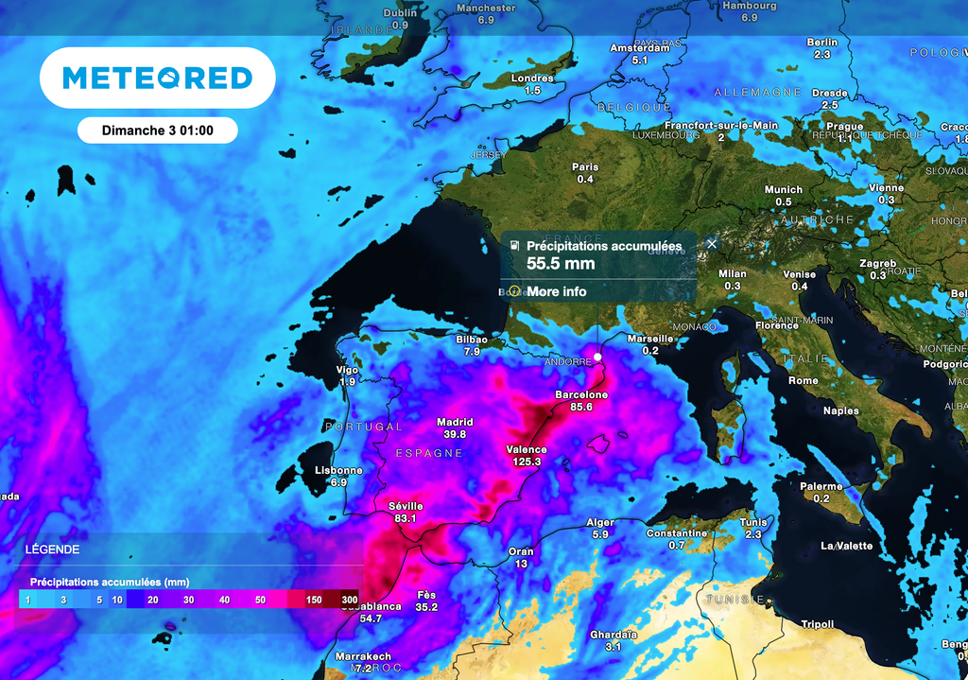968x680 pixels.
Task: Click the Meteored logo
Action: [x=157, y=78]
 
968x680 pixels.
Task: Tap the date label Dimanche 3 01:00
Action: [x=157, y=131]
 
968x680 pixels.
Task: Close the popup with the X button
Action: [x=712, y=243]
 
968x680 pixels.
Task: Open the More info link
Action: [x=556, y=291]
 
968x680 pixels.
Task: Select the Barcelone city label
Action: [x=581, y=394]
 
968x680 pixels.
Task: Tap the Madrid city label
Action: [x=455, y=422]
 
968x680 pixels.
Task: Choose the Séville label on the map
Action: [x=406, y=506]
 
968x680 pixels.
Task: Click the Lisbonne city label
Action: [x=338, y=470]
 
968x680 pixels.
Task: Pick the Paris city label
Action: [x=585, y=167]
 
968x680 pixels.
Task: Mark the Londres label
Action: [x=532, y=78]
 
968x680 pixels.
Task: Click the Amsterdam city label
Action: [x=640, y=48]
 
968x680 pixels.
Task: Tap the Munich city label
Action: [x=783, y=189]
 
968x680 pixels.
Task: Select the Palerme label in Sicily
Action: [x=821, y=486]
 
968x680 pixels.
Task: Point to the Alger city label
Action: [x=600, y=522]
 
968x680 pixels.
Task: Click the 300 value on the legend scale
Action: [x=349, y=600]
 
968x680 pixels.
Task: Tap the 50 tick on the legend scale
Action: [x=260, y=600]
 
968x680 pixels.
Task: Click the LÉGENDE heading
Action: [x=52, y=549]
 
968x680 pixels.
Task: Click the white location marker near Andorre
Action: [x=597, y=357]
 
